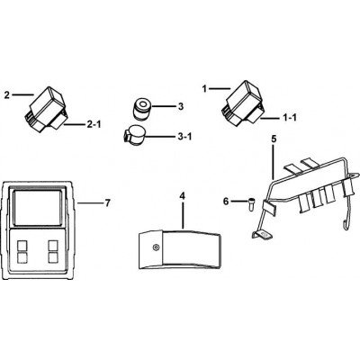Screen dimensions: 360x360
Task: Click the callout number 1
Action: (204, 89)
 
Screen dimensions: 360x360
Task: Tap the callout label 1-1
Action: (290, 118)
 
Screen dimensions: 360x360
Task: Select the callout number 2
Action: (7, 95)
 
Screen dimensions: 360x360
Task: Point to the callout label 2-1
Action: (94, 124)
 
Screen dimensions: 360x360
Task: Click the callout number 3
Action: (180, 106)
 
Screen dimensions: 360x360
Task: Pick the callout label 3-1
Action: (184, 137)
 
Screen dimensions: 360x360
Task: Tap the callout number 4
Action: (183, 196)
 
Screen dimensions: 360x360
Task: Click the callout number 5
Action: (274, 139)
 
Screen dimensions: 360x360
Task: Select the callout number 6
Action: (226, 202)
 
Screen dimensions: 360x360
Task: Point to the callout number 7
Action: (108, 203)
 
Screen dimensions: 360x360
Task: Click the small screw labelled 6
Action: (251, 205)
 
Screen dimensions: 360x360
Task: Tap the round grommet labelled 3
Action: (142, 109)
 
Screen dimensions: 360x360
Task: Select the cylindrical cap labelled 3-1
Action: (133, 135)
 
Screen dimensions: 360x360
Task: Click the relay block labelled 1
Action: (243, 103)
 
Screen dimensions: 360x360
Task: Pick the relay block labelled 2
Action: (47, 109)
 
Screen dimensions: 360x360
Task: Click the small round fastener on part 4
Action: (156, 247)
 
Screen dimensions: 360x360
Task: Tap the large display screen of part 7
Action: (38, 207)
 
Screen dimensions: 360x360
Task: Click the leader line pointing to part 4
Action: (183, 214)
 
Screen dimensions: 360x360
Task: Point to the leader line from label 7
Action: (90, 203)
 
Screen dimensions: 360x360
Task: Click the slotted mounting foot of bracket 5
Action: (262, 235)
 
